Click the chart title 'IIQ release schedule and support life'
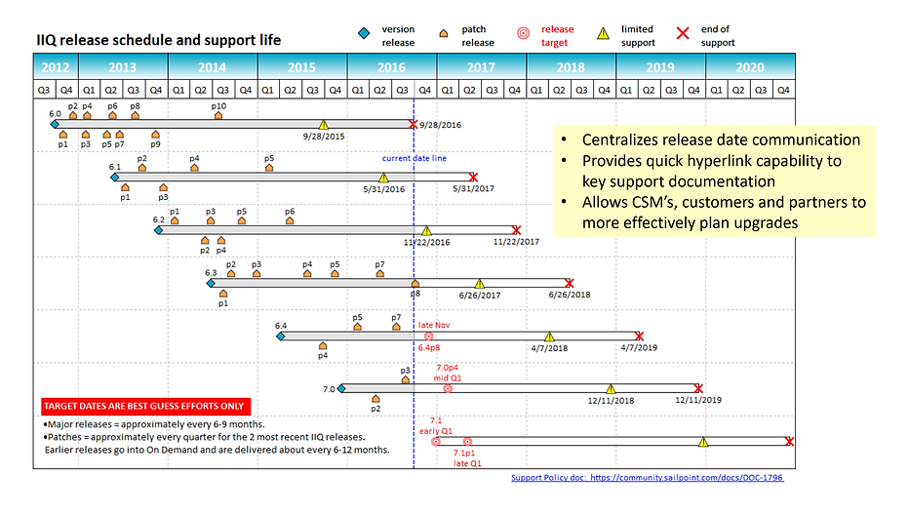pyautogui.click(x=158, y=40)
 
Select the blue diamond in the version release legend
pyautogui.click(x=363, y=34)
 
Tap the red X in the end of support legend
pyautogui.click(x=683, y=34)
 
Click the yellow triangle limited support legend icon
pyautogui.click(x=603, y=34)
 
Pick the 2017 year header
pyautogui.click(x=481, y=67)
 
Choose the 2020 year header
pyautogui.click(x=750, y=67)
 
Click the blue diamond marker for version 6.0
pyautogui.click(x=67, y=124)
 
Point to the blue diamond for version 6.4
pyautogui.click(x=281, y=336)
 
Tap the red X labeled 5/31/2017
pyautogui.click(x=473, y=178)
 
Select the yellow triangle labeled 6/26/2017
pyautogui.click(x=479, y=284)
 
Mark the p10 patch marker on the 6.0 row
pyautogui.click(x=218, y=115)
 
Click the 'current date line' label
pyautogui.click(x=415, y=159)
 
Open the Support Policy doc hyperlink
pyautogui.click(x=647, y=478)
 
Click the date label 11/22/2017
pyautogui.click(x=517, y=241)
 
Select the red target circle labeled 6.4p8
pyautogui.click(x=428, y=336)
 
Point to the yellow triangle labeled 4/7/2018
pyautogui.click(x=549, y=336)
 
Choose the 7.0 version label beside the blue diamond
pyautogui.click(x=328, y=388)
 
